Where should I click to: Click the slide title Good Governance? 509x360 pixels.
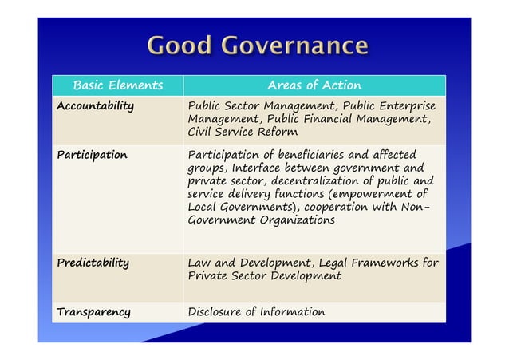(256, 45)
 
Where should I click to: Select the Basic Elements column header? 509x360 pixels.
(117, 85)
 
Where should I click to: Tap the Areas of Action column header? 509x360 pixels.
(314, 85)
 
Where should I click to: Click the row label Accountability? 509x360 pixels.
(94, 106)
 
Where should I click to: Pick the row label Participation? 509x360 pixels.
(91, 155)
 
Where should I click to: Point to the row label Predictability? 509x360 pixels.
(93, 262)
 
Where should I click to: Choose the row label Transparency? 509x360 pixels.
(93, 311)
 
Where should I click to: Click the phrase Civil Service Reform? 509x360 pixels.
(243, 132)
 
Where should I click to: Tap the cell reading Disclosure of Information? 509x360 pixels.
(256, 311)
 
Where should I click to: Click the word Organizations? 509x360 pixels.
(294, 220)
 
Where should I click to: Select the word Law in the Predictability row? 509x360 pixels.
(199, 262)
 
